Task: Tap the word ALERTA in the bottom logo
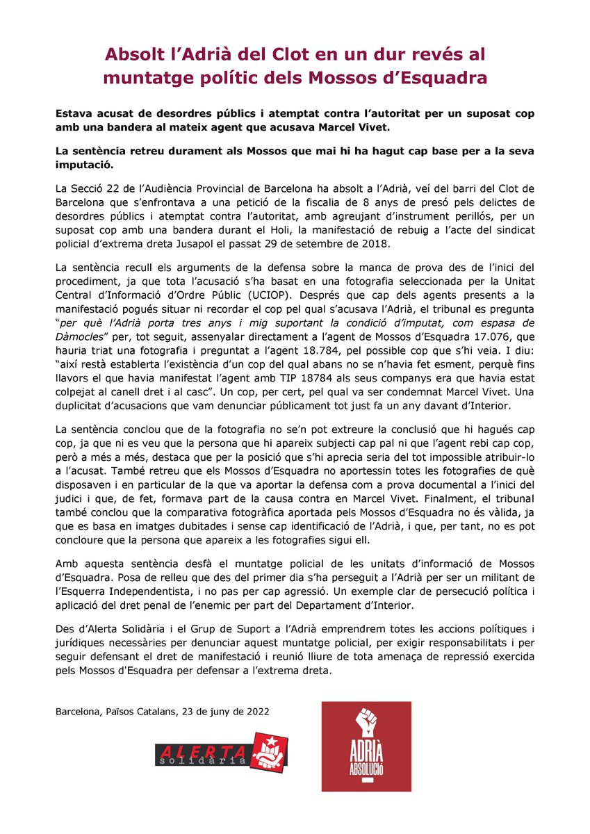point(200,750)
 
